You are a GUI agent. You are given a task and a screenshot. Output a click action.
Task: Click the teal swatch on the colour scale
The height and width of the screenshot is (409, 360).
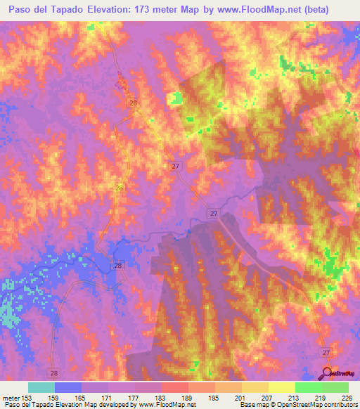(x=41, y=387)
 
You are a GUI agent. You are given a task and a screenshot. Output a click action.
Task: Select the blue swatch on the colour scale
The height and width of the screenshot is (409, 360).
(x=68, y=387)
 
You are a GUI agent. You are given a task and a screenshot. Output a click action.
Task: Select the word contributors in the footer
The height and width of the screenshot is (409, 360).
(x=340, y=404)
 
